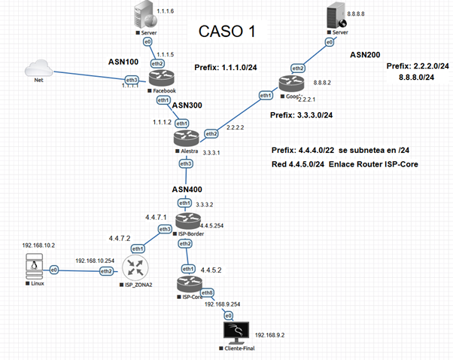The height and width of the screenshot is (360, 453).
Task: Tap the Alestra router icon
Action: [186, 139]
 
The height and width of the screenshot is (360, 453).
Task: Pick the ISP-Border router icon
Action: [185, 221]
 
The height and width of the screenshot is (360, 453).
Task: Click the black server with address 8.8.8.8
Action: [330, 19]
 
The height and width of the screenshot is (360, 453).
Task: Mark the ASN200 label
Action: [367, 55]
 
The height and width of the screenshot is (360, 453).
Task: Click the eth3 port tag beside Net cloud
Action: [132, 79]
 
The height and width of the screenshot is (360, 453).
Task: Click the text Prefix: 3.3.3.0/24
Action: [302, 114]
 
